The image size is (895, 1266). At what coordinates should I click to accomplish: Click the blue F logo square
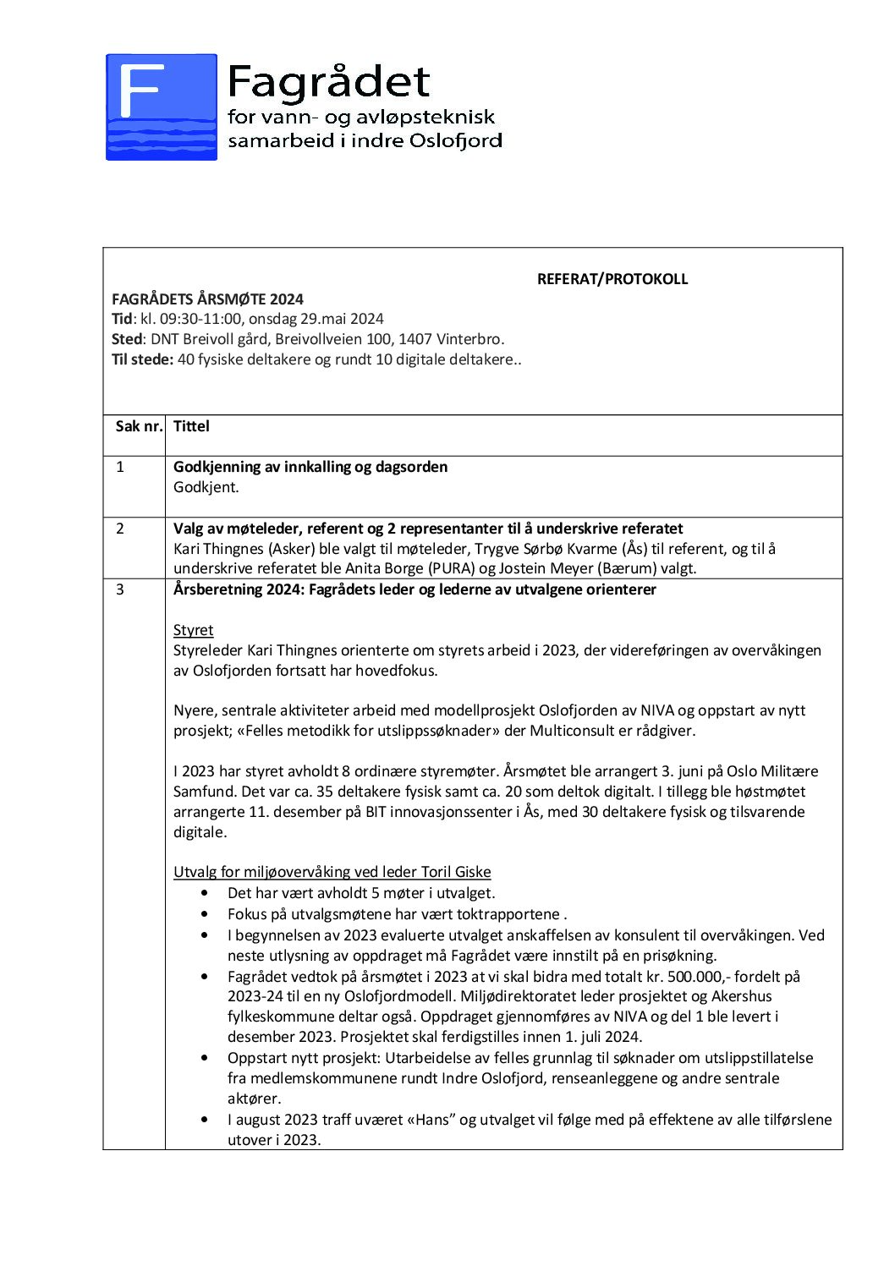coord(161,107)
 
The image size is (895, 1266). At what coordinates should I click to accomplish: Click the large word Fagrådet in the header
coord(329,82)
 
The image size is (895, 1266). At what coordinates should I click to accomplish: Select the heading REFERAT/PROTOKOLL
coord(612,279)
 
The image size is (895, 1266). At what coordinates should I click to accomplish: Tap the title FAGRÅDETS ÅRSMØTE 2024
coord(207,299)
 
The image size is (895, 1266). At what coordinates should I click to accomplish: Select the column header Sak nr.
coord(139,426)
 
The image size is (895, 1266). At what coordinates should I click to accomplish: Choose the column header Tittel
coord(191,426)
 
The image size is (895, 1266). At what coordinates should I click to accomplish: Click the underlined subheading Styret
coord(193,630)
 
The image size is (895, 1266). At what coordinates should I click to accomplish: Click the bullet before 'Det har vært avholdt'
coord(206,893)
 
